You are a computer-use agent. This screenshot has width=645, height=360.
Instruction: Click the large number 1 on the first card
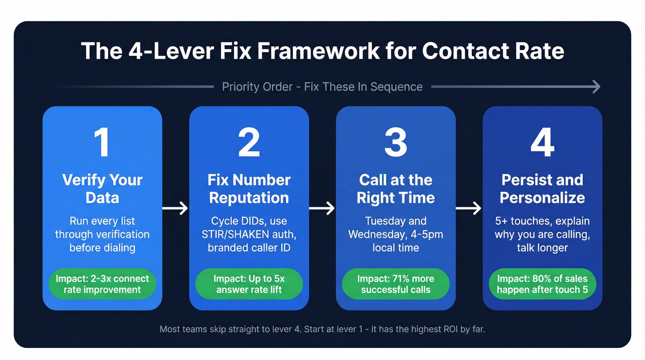tap(102, 142)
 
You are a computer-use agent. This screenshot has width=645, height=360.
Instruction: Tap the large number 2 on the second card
tap(249, 142)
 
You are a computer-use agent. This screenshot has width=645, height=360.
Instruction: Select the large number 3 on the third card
tap(395, 142)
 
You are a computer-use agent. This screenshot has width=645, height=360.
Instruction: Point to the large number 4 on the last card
tap(542, 142)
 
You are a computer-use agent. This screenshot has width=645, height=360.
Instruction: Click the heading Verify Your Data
tap(102, 189)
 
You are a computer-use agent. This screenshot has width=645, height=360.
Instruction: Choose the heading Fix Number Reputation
tap(249, 189)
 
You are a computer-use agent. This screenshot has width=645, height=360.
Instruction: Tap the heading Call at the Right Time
tap(395, 189)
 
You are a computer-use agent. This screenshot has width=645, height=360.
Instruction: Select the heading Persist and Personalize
tap(542, 189)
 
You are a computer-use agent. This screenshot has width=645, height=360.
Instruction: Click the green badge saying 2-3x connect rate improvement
tap(102, 284)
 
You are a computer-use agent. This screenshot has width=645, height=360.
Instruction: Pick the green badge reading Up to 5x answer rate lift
tap(249, 284)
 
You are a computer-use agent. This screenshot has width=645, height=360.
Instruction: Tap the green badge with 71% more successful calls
tap(395, 284)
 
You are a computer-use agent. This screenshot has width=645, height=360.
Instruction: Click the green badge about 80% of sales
tap(542, 284)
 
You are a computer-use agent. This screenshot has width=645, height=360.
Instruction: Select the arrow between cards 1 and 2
tap(176, 208)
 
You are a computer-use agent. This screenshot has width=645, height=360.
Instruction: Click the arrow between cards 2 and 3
tap(322, 208)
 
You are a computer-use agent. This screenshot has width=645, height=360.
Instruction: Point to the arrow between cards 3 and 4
tap(469, 208)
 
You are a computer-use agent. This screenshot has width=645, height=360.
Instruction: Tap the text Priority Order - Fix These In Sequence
tap(322, 87)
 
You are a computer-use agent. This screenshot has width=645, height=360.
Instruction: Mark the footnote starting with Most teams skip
tap(322, 329)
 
